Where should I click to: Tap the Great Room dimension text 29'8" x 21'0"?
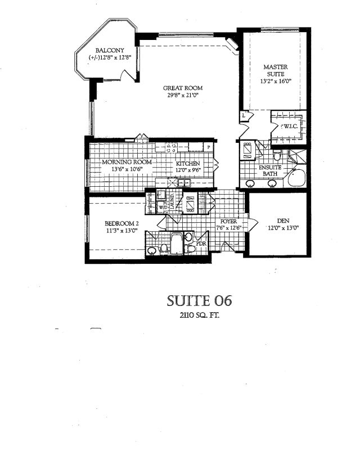(183, 94)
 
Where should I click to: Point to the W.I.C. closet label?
(290, 126)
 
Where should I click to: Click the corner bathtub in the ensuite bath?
(297, 178)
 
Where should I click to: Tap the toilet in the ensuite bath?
(277, 155)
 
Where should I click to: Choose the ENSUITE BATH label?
(270, 170)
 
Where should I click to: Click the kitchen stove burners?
(172, 147)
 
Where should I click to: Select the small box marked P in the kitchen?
(209, 147)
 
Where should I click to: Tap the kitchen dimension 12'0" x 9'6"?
(188, 170)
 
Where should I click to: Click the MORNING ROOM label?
(127, 162)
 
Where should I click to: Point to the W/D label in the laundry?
(163, 207)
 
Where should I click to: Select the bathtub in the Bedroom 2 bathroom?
(176, 244)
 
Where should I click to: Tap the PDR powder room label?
(201, 244)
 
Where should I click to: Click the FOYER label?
(228, 222)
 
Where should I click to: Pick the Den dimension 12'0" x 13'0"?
(283, 228)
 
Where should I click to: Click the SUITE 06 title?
(199, 301)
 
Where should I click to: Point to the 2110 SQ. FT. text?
(200, 316)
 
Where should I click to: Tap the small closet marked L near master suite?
(244, 116)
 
